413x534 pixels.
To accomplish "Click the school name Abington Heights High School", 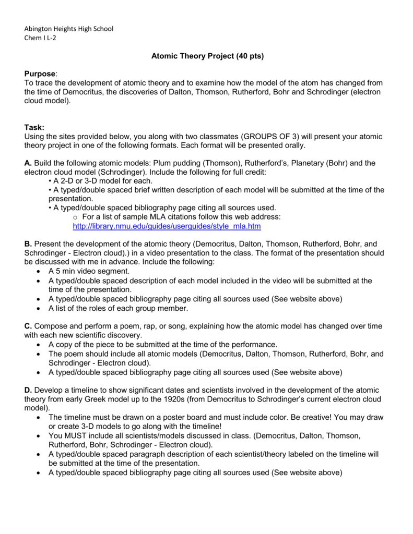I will [69, 29].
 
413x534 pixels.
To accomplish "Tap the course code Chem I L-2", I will [40, 38].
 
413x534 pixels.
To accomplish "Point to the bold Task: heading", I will [34, 127].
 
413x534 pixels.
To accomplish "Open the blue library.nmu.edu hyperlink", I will [167, 226].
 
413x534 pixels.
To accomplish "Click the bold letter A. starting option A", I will [28, 163].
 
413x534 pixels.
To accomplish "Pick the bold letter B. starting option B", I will [28, 244].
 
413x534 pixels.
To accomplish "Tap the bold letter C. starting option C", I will [28, 326].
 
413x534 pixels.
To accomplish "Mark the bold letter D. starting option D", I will [28, 390].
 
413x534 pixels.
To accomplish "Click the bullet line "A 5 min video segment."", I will [89, 271].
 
